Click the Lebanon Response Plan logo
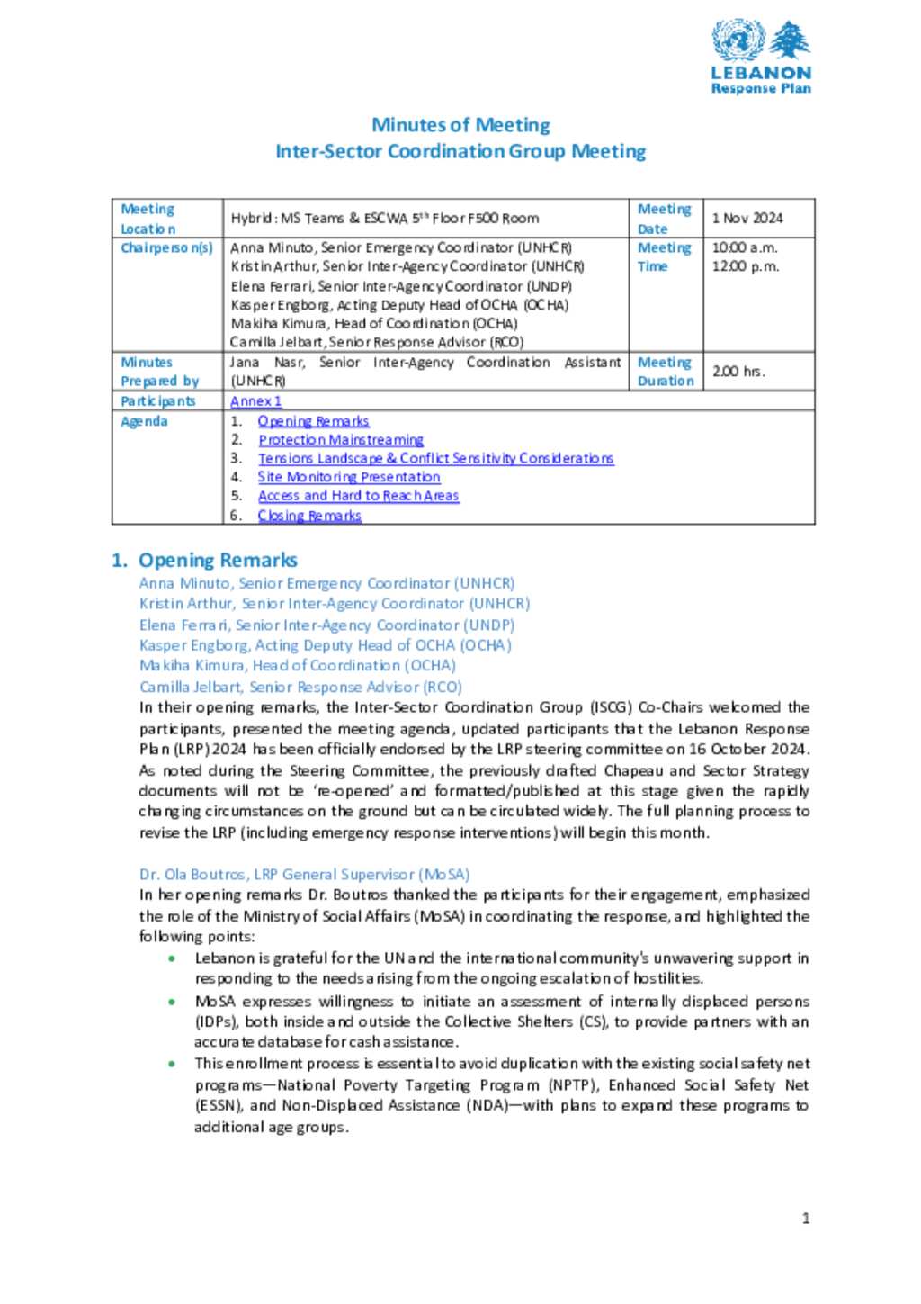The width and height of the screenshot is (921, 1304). [x=760, y=57]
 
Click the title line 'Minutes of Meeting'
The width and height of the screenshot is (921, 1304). [x=460, y=125]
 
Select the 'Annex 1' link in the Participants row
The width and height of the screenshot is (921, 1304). [x=255, y=401]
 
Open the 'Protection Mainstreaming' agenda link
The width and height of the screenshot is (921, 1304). [x=340, y=440]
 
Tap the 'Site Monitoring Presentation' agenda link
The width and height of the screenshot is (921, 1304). [x=349, y=477]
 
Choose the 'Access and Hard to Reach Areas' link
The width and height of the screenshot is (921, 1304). [x=358, y=496]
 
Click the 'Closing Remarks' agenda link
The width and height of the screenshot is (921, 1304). [x=309, y=516]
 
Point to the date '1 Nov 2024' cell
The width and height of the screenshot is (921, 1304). [x=747, y=219]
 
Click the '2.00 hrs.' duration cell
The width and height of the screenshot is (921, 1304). [x=738, y=371]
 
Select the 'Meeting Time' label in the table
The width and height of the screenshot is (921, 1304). [x=664, y=256]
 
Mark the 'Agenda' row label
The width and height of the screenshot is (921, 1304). [x=144, y=421]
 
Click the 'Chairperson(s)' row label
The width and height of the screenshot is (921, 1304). [x=166, y=247]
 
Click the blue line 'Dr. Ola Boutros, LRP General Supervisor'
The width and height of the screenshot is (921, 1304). [x=304, y=874]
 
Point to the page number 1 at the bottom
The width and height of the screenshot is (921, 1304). [x=806, y=1219]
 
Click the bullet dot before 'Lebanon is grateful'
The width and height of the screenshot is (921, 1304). [x=171, y=958]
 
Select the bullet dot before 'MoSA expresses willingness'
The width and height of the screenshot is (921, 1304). [x=171, y=1002]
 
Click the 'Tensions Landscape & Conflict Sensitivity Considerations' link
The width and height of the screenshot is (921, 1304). [x=435, y=458]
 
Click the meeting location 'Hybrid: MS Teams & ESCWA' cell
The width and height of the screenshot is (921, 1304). [x=384, y=219]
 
